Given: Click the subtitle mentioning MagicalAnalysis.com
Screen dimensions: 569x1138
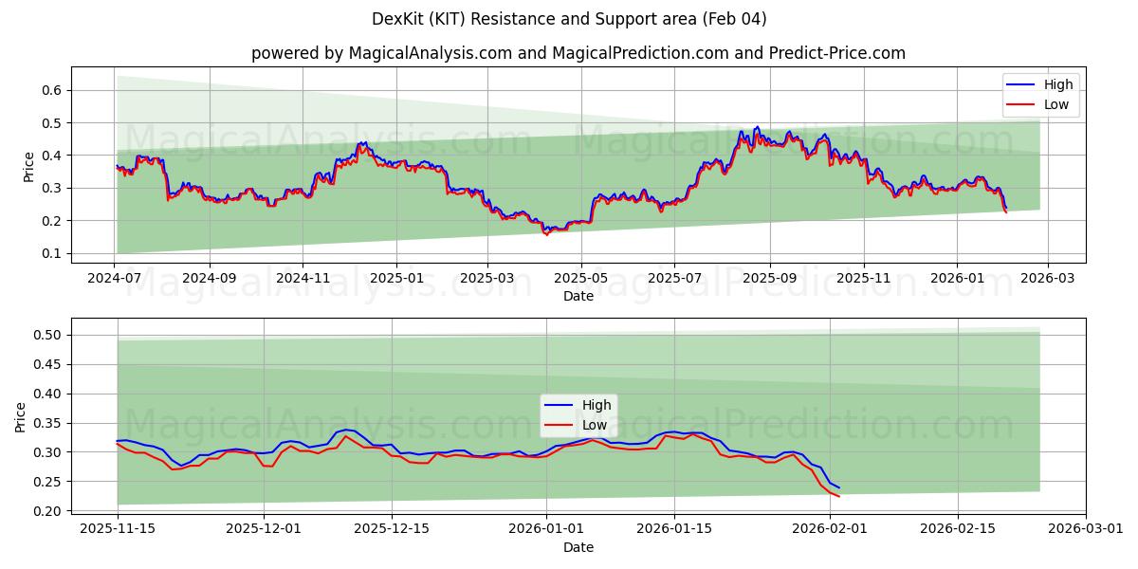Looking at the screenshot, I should (x=578, y=53).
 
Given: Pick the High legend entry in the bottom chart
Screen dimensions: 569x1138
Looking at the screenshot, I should (x=597, y=405).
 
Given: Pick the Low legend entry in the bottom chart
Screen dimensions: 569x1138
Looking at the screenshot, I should (x=595, y=425).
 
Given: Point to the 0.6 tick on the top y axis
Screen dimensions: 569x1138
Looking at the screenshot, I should (x=53, y=90).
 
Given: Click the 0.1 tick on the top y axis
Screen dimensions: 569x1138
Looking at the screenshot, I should (x=53, y=253).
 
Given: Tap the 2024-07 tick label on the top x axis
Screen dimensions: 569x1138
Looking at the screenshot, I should (x=115, y=279).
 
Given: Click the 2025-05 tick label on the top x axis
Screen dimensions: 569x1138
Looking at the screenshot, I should (x=580, y=279).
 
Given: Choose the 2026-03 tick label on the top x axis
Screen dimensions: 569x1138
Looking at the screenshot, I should (x=1047, y=279).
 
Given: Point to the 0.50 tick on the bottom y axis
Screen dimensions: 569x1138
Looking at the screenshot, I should (x=48, y=335).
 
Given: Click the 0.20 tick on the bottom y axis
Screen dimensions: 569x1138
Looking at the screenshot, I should (x=48, y=511).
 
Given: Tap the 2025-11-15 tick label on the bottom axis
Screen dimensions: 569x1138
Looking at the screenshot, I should (x=118, y=528).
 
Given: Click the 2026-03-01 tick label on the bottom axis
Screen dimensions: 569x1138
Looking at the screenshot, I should (x=1087, y=528).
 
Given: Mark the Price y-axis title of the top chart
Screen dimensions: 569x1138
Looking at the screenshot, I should (x=28, y=167).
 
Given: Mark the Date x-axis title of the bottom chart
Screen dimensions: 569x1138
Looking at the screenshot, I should (x=578, y=547).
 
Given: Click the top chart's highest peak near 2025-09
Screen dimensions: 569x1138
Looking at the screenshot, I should (x=756, y=127).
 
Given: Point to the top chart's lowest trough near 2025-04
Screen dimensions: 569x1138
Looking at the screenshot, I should (x=545, y=233).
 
